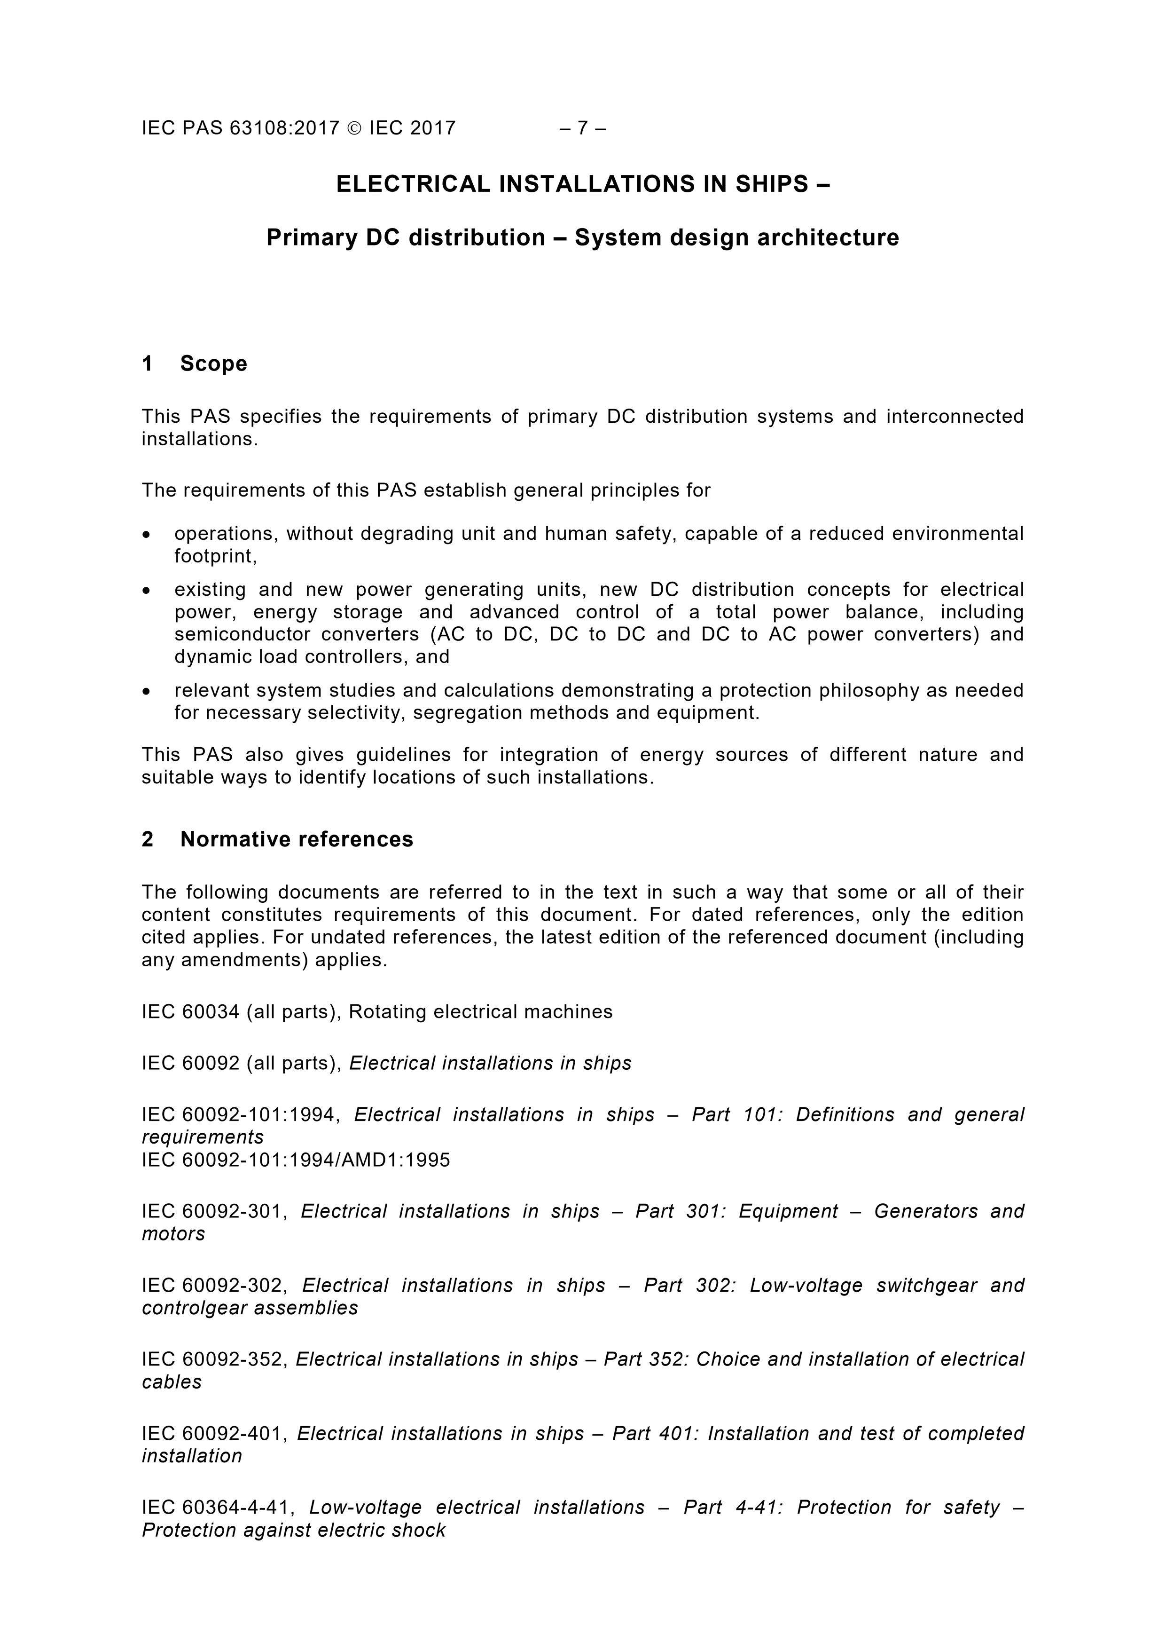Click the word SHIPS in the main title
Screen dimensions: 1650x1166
pyautogui.click(x=772, y=185)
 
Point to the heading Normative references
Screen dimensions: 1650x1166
pyautogui.click(x=297, y=839)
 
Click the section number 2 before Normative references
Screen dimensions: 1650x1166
pyautogui.click(x=147, y=839)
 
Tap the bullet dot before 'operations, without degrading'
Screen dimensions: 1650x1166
pyautogui.click(x=147, y=535)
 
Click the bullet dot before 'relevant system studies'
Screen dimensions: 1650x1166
pyautogui.click(x=147, y=691)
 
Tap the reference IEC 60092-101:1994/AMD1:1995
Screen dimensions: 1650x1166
pyautogui.click(x=295, y=1160)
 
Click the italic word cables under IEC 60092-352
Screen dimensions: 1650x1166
pyautogui.click(x=172, y=1382)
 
